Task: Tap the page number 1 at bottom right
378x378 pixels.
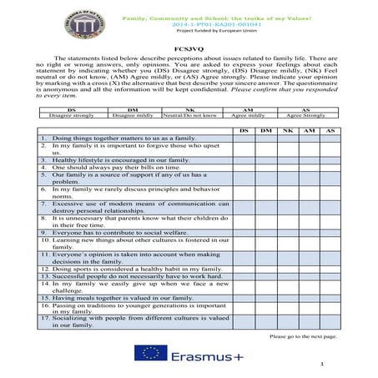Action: tap(321, 365)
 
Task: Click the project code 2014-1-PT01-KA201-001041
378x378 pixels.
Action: tap(189, 24)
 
